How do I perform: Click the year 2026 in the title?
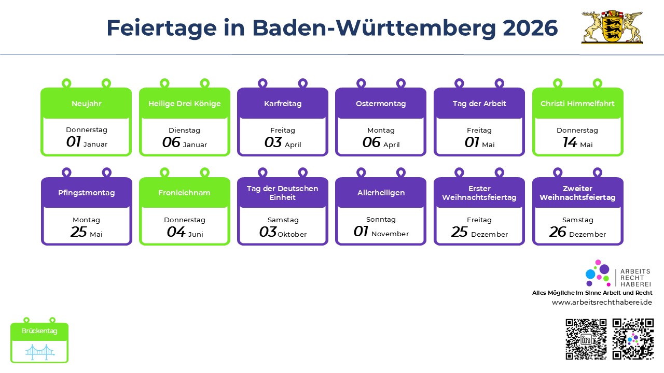530,28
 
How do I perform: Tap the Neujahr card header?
86,104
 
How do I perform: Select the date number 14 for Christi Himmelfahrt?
570,142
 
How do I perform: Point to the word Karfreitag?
283,104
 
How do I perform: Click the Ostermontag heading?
381,104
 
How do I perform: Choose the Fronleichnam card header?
184,193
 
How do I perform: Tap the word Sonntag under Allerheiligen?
381,220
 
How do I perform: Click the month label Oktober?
292,234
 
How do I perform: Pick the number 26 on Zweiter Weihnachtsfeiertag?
558,232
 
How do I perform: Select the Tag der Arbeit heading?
479,104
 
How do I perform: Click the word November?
390,234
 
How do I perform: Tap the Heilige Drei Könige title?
184,104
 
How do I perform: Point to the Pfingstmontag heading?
86,193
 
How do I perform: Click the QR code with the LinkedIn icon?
586,339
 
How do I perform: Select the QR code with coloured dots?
633,339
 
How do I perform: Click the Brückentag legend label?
39,331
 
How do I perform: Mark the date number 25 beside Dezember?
460,232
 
